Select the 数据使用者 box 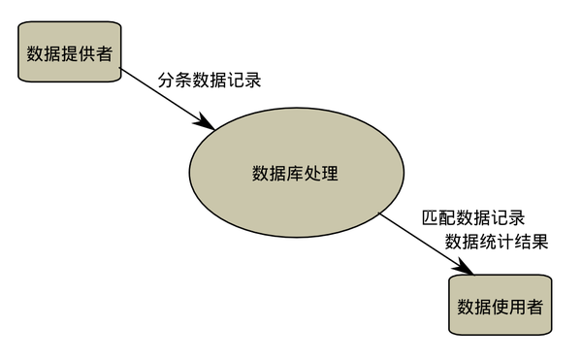click(x=500, y=306)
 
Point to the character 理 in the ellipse click(x=330, y=174)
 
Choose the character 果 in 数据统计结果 click(x=539, y=242)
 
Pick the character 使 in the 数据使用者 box click(x=500, y=306)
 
